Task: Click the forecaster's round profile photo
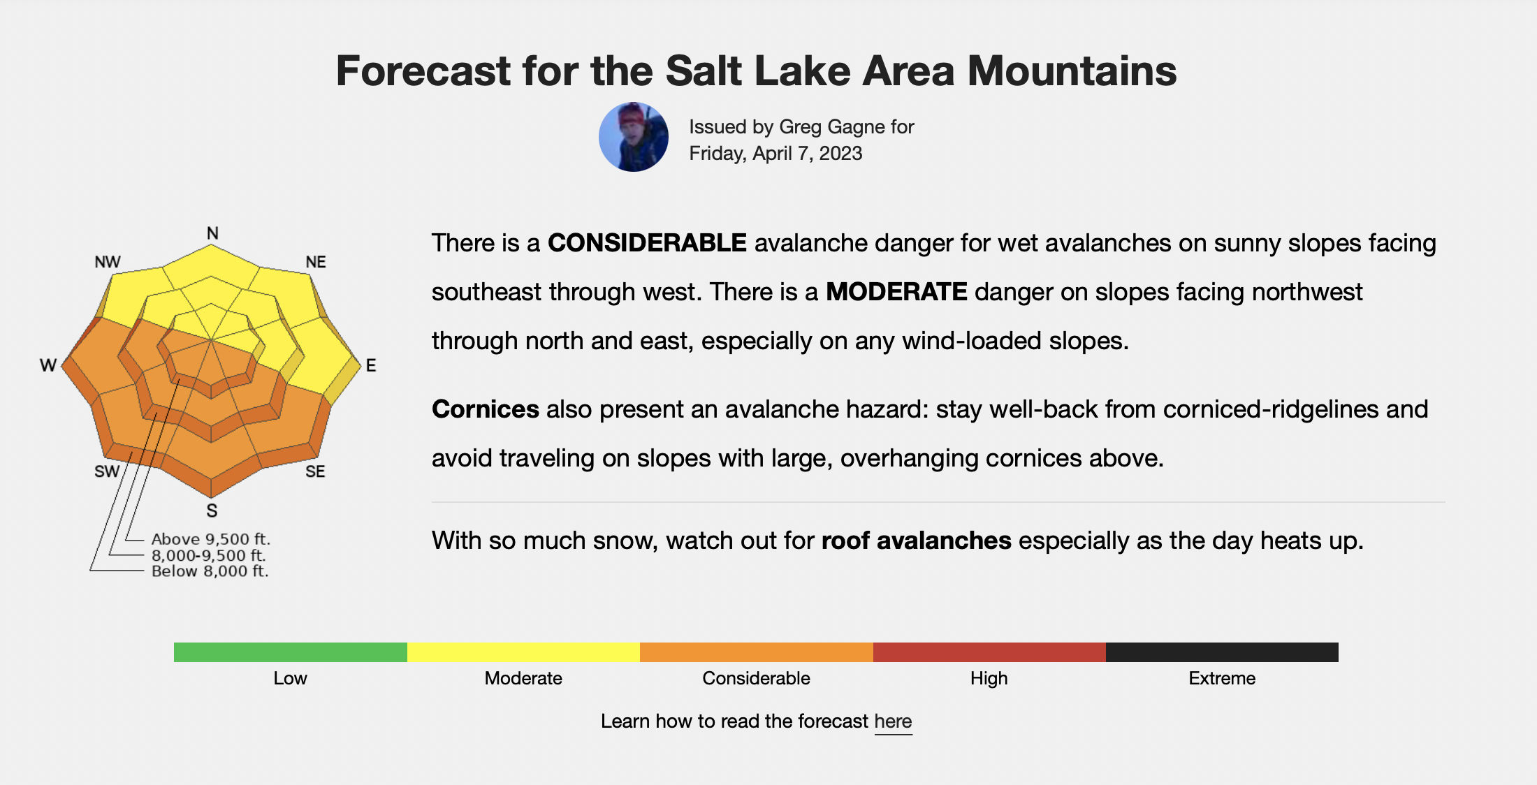[x=634, y=137]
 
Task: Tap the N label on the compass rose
[x=212, y=233]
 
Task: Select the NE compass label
[x=316, y=262]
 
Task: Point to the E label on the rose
[x=371, y=365]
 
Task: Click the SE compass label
[x=315, y=471]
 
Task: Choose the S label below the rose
[x=212, y=511]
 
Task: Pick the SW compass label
[x=107, y=471]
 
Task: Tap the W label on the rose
[x=48, y=365]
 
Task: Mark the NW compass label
[x=108, y=262]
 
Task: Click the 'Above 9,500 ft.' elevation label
[x=211, y=539]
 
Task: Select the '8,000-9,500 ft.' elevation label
[x=209, y=555]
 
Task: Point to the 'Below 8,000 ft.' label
[x=210, y=571]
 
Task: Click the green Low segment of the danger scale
[x=291, y=652]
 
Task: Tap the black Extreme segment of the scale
[x=1222, y=652]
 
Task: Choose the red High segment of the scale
[x=989, y=652]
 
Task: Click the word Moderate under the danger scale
[x=523, y=678]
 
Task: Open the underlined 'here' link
[x=893, y=721]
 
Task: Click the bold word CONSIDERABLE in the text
[x=647, y=243]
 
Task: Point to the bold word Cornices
[x=486, y=409]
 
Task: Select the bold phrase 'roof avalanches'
[x=917, y=541]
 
